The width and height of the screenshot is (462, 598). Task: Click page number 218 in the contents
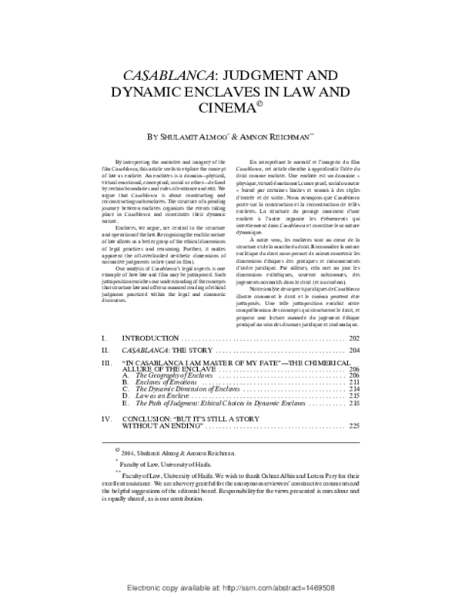coord(355,402)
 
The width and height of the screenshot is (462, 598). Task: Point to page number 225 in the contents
coord(355,425)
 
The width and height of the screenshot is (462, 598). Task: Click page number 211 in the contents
coord(355,381)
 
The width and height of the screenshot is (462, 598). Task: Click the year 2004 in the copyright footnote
coord(129,455)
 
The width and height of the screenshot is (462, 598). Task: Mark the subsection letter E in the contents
coord(126,402)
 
